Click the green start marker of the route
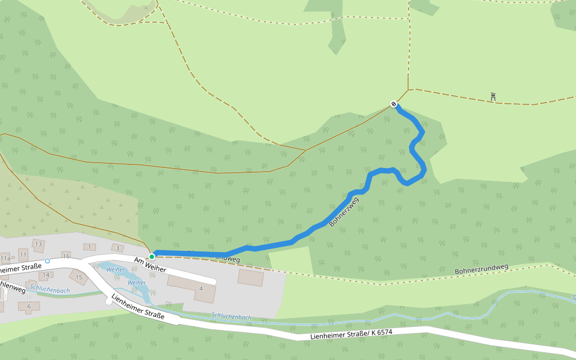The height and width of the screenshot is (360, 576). point(152,256)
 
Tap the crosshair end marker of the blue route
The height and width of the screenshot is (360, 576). point(394,104)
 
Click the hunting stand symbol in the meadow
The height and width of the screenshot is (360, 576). point(493,96)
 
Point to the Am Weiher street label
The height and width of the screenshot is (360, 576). point(150,264)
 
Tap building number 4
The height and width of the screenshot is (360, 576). point(201,289)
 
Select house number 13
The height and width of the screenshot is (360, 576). point(38,244)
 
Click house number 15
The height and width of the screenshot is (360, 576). point(79,277)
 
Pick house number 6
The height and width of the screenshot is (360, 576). point(29,307)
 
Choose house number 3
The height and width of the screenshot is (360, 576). point(118,248)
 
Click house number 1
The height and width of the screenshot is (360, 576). point(89,247)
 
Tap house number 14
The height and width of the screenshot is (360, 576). point(45,275)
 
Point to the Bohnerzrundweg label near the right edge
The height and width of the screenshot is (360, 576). point(481,269)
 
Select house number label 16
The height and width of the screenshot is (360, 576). point(67,256)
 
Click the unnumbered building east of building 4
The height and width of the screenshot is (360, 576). point(250,277)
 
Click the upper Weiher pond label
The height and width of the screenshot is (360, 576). point(115,270)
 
